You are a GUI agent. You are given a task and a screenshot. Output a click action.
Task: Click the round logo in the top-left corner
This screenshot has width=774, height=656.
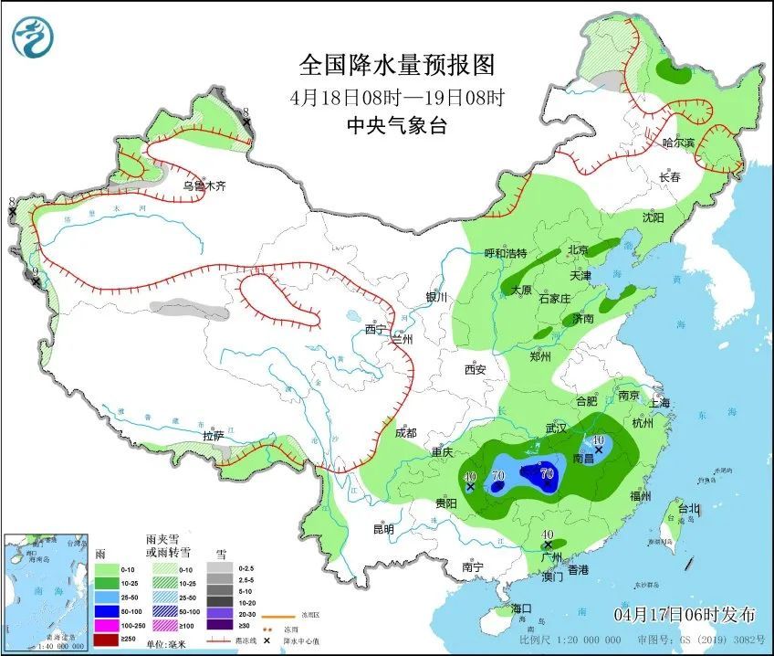(x=33, y=37)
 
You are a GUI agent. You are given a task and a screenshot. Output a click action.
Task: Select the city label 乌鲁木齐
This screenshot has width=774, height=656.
(x=203, y=185)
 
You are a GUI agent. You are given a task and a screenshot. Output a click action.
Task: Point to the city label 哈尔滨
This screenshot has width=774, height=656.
(x=677, y=143)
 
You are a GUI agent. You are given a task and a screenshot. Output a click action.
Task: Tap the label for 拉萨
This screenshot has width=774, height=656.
(x=214, y=436)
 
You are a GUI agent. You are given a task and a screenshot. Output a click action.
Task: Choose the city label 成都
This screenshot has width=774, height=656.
(x=406, y=433)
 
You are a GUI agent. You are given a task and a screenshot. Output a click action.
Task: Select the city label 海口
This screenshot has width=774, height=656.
(x=521, y=608)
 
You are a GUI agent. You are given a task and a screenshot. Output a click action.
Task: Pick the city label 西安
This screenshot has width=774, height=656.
(x=476, y=370)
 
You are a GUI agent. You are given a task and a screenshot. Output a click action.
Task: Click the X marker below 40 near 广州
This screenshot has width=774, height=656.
(x=548, y=545)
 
